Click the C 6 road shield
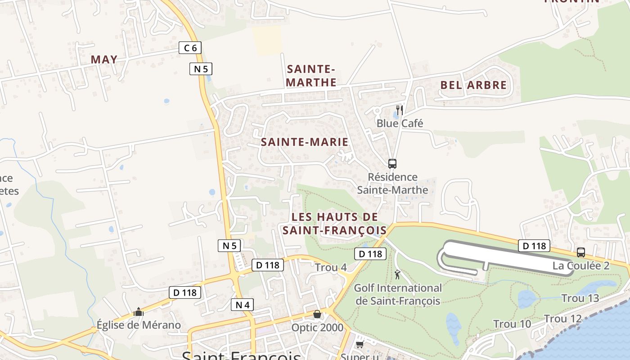[190, 48]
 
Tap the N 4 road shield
[242, 305]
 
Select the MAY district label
[104, 59]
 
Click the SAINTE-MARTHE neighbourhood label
[311, 76]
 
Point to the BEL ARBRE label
[473, 85]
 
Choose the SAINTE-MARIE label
[305, 142]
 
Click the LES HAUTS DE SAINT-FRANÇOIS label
[334, 224]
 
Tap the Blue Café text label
[400, 123]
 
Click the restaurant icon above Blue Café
[399, 110]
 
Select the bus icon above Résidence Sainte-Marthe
[392, 164]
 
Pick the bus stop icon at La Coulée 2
[581, 252]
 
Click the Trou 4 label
[331, 267]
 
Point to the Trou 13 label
[580, 298]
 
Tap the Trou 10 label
[512, 324]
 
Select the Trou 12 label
[563, 319]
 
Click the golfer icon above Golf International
[397, 274]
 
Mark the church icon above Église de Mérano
[138, 312]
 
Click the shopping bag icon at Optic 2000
[317, 314]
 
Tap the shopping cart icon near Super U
[360, 345]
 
